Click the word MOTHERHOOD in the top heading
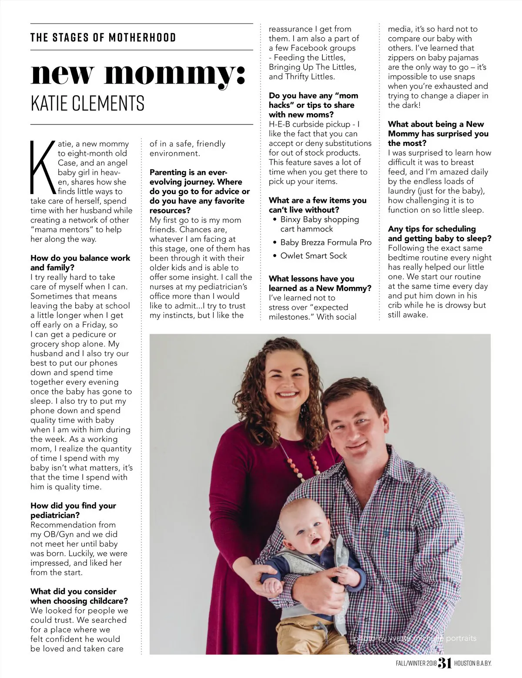142,37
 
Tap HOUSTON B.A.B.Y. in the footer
472,664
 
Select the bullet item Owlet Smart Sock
313,256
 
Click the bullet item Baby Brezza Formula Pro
325,242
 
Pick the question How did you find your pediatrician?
73,510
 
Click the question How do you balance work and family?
80,263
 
